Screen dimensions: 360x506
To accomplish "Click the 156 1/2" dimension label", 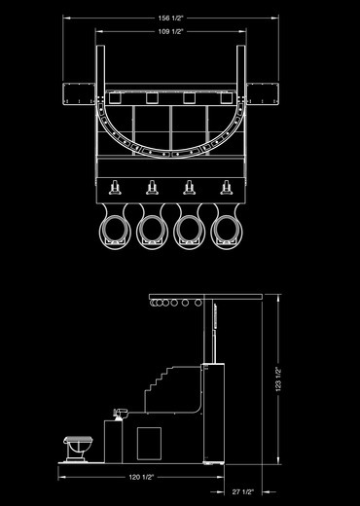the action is (x=170, y=18).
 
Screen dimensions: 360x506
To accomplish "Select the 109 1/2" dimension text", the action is (x=170, y=31).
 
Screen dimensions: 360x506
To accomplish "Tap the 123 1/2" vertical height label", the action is (x=278, y=379).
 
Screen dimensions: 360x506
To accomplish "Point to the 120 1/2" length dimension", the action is (x=141, y=477).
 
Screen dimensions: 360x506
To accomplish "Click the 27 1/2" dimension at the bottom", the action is (x=242, y=492).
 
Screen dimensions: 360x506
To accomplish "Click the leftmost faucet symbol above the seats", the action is (x=115, y=188).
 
